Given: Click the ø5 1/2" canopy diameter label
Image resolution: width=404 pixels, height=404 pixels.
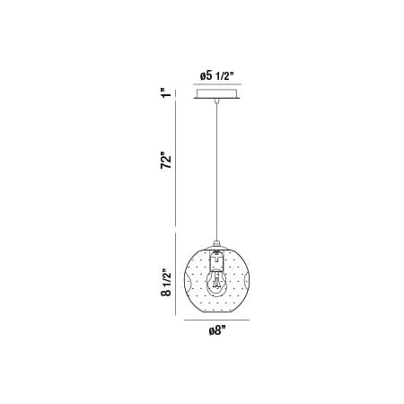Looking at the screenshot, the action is pos(216,76).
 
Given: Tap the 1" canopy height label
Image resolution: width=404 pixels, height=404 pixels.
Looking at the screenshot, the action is pos(165,92).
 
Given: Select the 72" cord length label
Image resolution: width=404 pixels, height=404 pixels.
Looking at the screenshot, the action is pos(166,161).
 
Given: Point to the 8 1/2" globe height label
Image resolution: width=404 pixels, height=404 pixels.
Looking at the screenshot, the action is pos(166,284).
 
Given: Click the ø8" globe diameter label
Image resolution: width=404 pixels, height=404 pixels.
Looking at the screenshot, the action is pos(216,330).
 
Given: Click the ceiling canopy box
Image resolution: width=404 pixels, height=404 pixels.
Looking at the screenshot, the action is pos(216,93).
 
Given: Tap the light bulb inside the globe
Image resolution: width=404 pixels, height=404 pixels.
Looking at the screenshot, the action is pos(216,281).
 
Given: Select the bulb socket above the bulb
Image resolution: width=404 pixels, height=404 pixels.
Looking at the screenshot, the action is pos(216,260).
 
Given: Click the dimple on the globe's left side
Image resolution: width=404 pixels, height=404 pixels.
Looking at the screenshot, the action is pos(187,281).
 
